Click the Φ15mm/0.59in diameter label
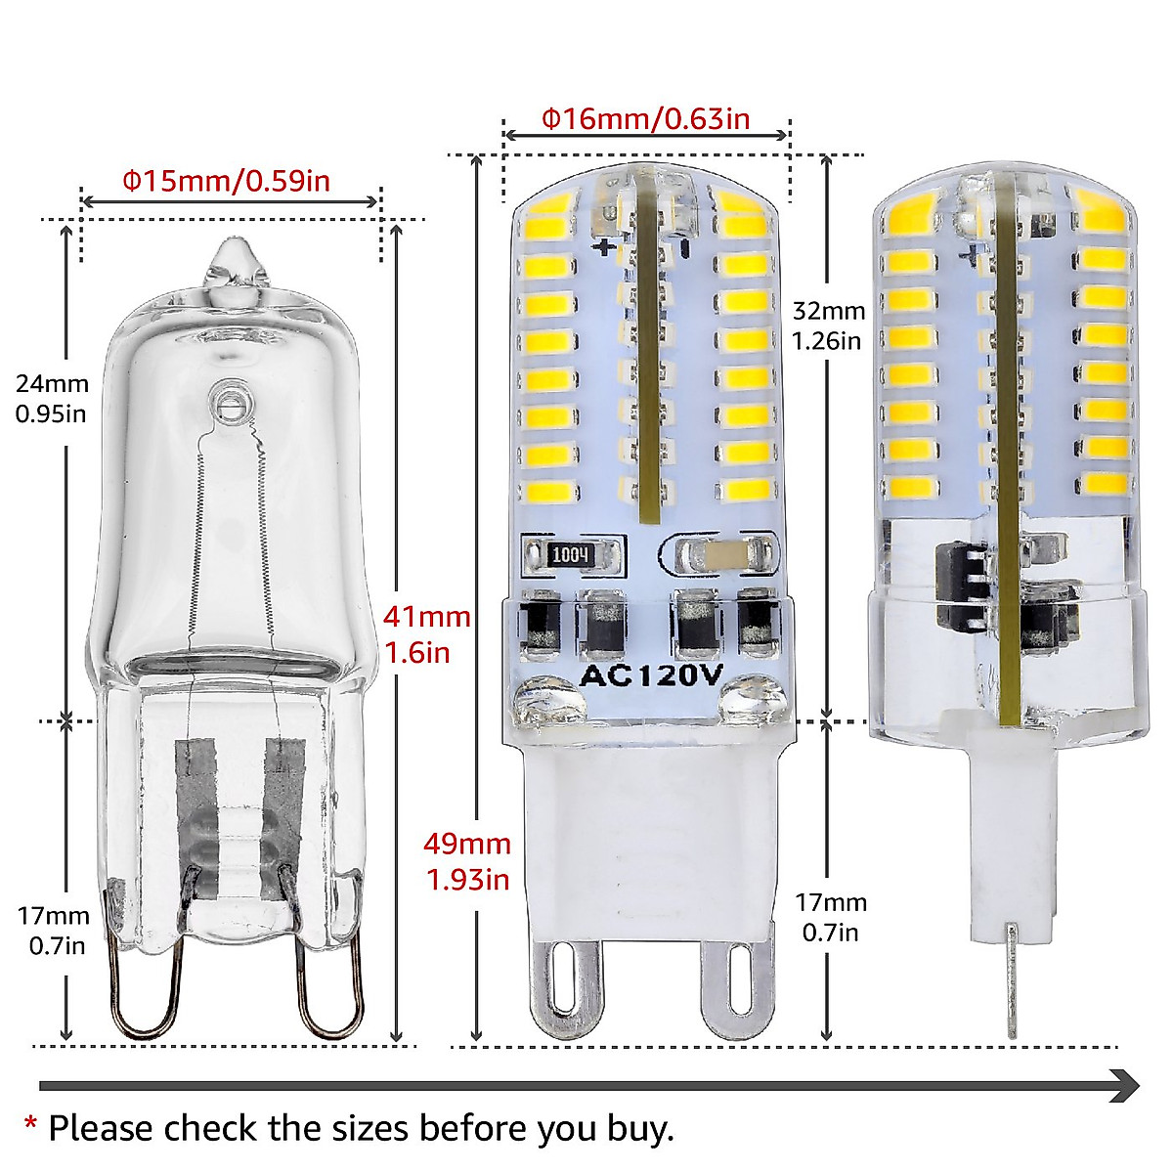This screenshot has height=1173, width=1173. pyautogui.click(x=226, y=181)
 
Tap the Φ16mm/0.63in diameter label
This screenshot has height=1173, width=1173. pyautogui.click(x=646, y=119)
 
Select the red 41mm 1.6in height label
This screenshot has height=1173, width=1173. pyautogui.click(x=426, y=634)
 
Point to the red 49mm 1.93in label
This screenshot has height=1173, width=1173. pyautogui.click(x=467, y=861)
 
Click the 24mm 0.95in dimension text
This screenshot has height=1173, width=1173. pyautogui.click(x=51, y=399)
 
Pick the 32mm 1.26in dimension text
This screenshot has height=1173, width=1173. pyautogui.click(x=828, y=326)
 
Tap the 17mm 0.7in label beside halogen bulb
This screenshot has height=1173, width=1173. pyautogui.click(x=53, y=931)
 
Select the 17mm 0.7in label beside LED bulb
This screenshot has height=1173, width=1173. pyautogui.click(x=830, y=917)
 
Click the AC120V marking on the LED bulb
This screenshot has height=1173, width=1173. pyautogui.click(x=651, y=674)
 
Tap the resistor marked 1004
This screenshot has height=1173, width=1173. pyautogui.click(x=572, y=555)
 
